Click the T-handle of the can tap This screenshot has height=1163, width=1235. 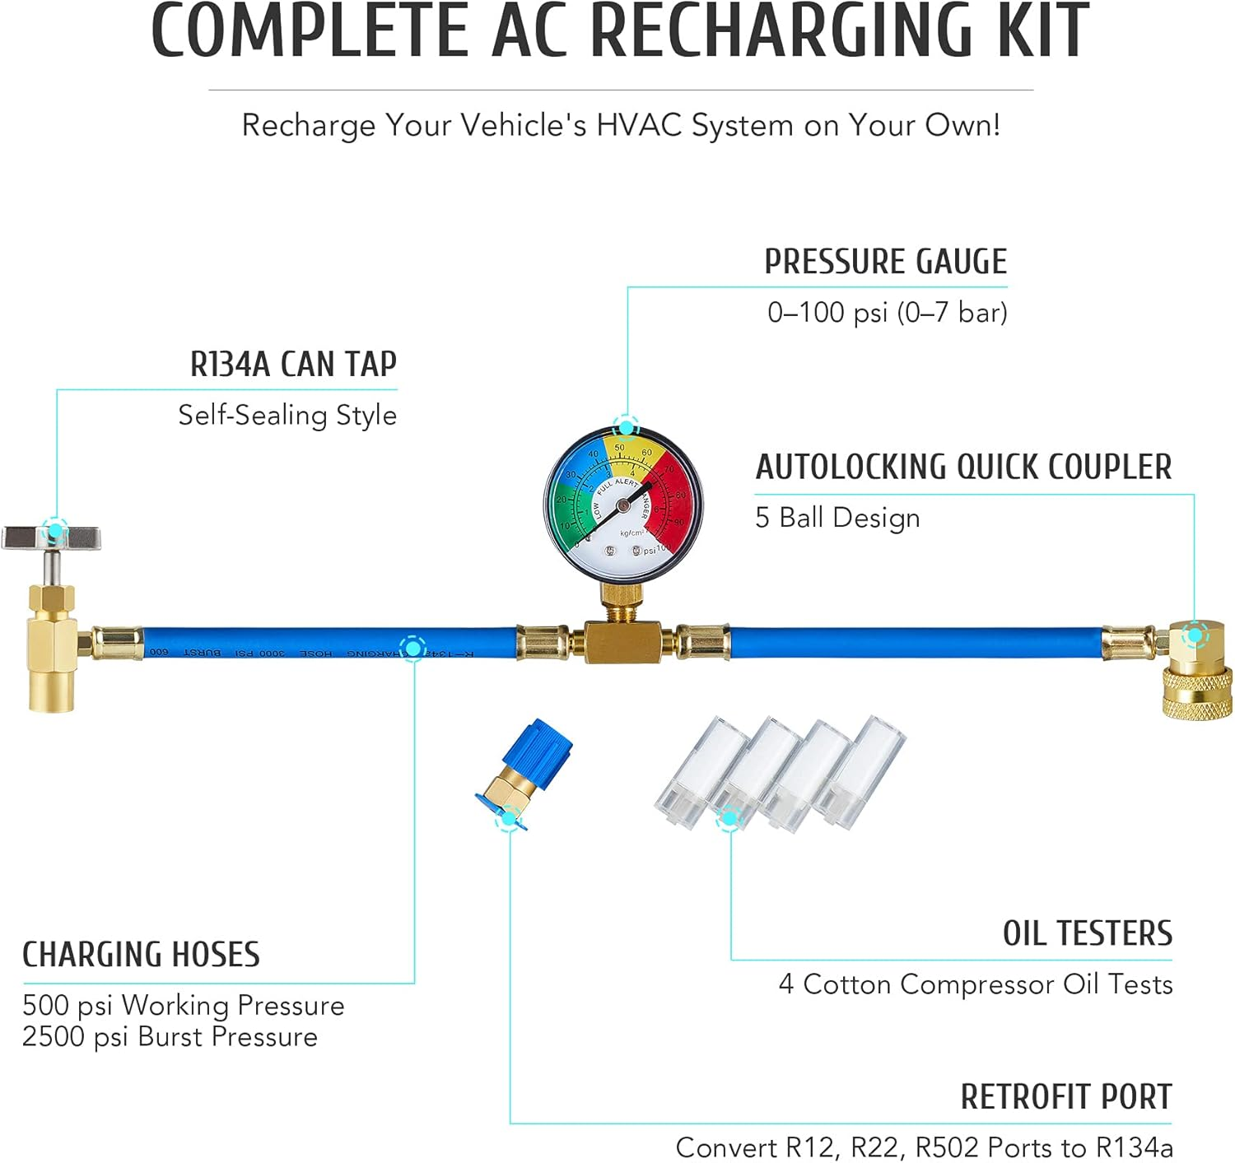point(51,538)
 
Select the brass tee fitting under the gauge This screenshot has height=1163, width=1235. point(622,642)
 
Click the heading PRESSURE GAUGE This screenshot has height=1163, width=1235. point(885,262)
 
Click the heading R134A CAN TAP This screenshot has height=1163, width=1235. point(293,364)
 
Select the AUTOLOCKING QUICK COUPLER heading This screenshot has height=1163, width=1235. point(963,467)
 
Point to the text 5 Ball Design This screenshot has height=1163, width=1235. point(837,518)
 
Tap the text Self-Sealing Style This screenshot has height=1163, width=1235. point(287,415)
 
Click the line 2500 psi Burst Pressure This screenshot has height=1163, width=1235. point(170,1037)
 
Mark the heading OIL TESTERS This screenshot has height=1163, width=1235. point(1087,933)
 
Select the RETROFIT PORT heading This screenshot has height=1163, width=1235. point(1065,1096)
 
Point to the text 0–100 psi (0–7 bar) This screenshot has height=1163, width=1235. point(887,313)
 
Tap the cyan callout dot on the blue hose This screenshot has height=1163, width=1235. point(412,648)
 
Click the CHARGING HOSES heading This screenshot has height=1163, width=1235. point(141,955)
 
